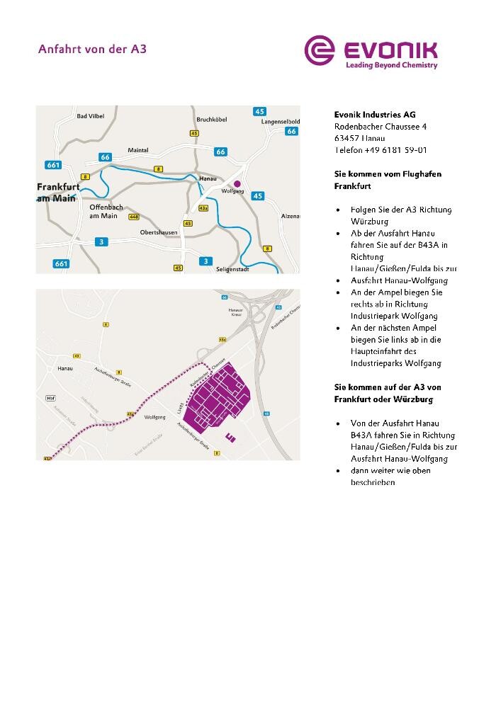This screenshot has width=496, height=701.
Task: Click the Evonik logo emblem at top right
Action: click(320, 51)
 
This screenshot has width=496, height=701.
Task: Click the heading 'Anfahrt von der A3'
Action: click(92, 50)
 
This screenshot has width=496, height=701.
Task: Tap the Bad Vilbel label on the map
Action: click(90, 116)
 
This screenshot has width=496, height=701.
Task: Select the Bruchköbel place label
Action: click(211, 120)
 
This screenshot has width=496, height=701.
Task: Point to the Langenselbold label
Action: click(281, 122)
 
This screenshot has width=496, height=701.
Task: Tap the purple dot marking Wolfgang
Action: click(237, 183)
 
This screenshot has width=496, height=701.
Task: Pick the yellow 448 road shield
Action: click(134, 217)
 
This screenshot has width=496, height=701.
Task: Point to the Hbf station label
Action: click(50, 399)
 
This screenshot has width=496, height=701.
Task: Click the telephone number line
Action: click(381, 150)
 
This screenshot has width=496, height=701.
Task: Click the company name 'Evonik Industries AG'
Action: click(375, 115)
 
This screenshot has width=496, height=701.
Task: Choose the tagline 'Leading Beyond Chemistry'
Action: click(391, 65)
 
